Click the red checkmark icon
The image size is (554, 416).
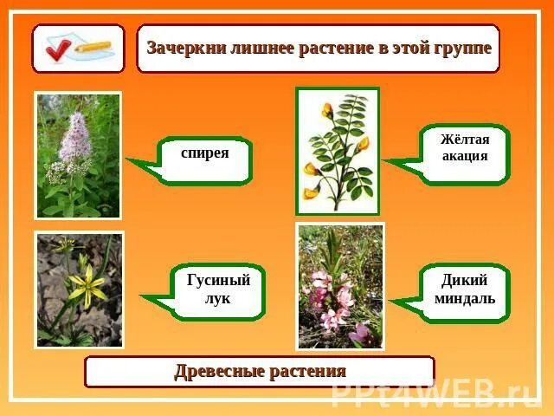tap(59, 48)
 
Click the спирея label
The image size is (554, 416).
tap(205, 153)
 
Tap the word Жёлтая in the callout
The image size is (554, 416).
tap(465, 140)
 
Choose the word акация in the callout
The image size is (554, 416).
tap(465, 157)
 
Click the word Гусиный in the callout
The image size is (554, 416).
tap(218, 280)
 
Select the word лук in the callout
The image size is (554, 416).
tap(218, 298)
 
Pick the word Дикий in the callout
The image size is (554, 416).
tap(465, 280)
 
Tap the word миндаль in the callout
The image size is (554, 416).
tap(465, 298)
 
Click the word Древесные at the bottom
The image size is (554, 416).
tap(217, 371)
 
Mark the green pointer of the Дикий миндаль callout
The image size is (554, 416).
tap(403, 302)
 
